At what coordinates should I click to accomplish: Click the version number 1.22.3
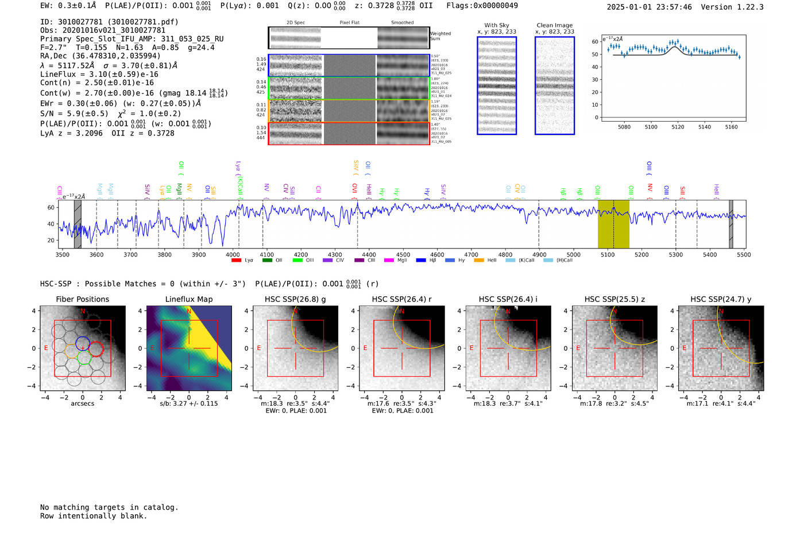pos(749,7)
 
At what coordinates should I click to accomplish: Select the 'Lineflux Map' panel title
pos(188,299)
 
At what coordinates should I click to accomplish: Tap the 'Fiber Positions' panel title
pos(82,299)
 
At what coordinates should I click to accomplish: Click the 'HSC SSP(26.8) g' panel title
pos(295,299)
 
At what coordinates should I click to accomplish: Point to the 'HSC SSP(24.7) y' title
pos(721,299)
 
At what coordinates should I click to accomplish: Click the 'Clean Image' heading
pos(554,25)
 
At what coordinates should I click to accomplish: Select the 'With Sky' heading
pos(496,25)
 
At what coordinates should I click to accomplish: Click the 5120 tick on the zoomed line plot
pos(678,127)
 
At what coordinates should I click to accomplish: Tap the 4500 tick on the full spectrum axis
pos(403,254)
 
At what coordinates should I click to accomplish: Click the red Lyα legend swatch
pos(236,261)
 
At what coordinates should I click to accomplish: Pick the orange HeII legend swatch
pos(479,261)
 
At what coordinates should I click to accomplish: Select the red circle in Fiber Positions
pos(96,348)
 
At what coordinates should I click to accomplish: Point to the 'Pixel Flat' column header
pos(349,23)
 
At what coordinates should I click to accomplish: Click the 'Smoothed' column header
pos(402,23)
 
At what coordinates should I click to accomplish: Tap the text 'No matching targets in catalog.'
pos(109,507)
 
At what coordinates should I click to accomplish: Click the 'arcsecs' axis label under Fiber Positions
pos(82,404)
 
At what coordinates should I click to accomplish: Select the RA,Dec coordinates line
pos(100,56)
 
